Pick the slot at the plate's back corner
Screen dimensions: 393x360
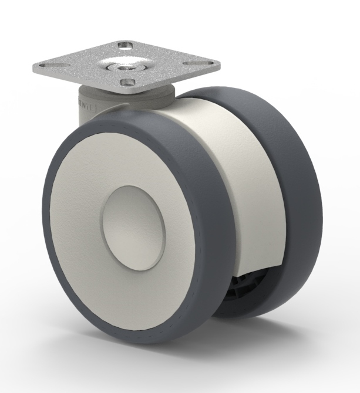(125, 45)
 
